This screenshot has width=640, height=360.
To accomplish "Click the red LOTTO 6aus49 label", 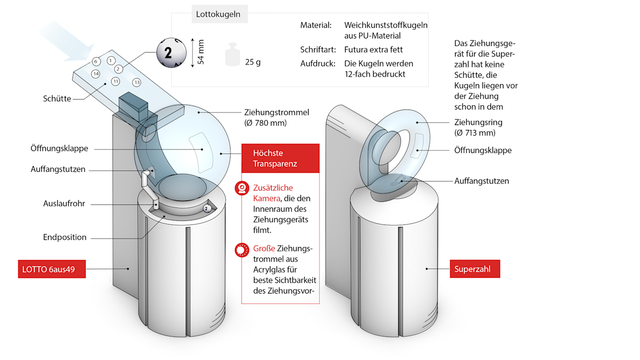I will (48, 269).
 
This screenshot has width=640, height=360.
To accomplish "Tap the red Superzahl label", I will (472, 269).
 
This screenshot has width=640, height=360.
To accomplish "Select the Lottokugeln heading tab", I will (218, 14).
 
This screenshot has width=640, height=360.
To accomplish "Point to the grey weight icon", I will (232, 54).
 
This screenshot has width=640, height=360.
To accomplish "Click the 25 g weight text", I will (252, 62).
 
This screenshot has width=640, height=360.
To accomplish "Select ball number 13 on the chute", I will (137, 82).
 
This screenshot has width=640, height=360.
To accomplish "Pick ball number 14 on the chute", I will (95, 73).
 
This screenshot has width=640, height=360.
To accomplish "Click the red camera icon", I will (242, 188).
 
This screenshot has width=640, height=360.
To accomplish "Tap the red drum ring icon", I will (242, 249).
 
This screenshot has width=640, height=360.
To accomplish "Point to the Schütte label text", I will (56, 99).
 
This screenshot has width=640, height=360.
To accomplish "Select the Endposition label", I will (64, 237).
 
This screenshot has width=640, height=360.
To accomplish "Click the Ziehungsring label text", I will (478, 122).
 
